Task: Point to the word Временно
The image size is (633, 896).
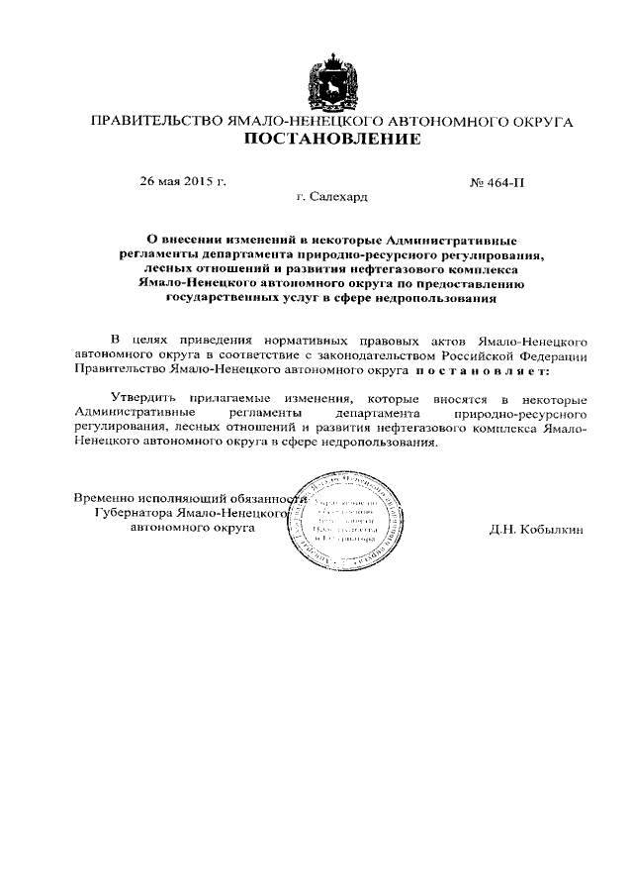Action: click(106, 497)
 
